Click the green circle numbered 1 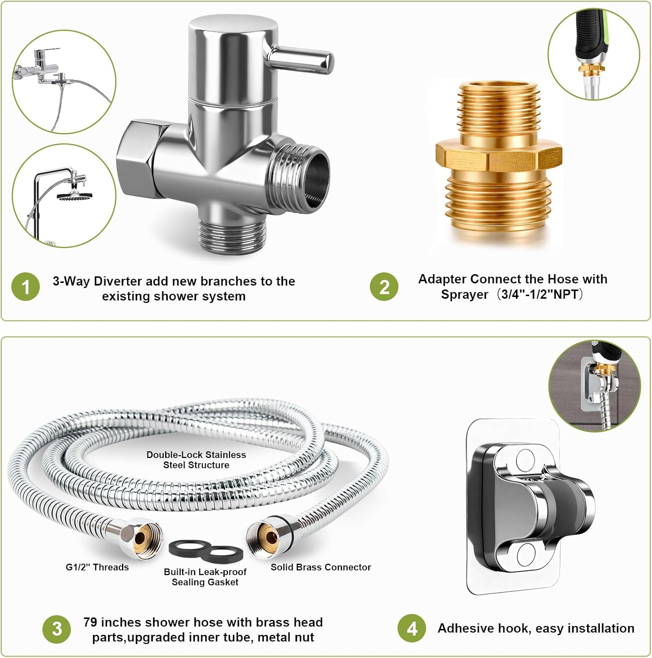tap(25, 287)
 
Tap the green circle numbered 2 tap(384, 287)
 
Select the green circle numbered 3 tap(57, 629)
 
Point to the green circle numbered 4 tap(412, 628)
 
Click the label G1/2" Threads tap(97, 567)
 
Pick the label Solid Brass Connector tap(321, 567)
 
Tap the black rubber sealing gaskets tap(205, 551)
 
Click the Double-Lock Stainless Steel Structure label tap(196, 460)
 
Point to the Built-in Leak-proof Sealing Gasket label tap(205, 577)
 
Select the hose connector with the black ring tap(269, 536)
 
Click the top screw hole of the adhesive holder tap(524, 460)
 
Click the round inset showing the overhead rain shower tap(64, 196)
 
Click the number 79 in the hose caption tap(90, 622)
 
